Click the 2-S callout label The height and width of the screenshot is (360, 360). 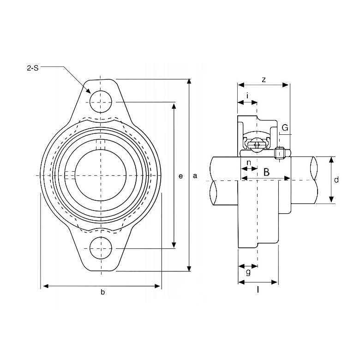tap(33, 68)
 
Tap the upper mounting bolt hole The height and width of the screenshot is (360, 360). tap(101, 102)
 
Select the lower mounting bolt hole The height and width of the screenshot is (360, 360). tap(101, 248)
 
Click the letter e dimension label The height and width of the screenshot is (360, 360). tap(180, 176)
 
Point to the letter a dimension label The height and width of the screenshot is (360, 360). tap(195, 176)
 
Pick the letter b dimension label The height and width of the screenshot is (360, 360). tap(102, 292)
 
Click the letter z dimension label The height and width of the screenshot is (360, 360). tap(264, 80)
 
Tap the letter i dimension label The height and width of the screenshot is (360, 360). tap(247, 95)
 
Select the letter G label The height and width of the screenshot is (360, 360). tap(285, 127)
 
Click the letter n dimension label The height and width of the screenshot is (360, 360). tap(249, 162)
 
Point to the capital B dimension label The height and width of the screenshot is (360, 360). tap(266, 172)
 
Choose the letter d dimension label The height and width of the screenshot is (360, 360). tap(336, 180)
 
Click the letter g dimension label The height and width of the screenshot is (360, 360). tap(248, 272)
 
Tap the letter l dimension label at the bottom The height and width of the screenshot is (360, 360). tap(258, 290)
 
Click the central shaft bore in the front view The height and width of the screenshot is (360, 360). tap(101, 175)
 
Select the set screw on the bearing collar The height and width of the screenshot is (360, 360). tap(279, 152)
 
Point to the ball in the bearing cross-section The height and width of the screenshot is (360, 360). tap(257, 145)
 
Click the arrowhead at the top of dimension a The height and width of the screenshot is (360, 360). tap(189, 82)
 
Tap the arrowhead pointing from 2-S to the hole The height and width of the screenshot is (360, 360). tap(88, 91)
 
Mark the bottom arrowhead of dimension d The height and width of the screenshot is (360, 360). tap(331, 200)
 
